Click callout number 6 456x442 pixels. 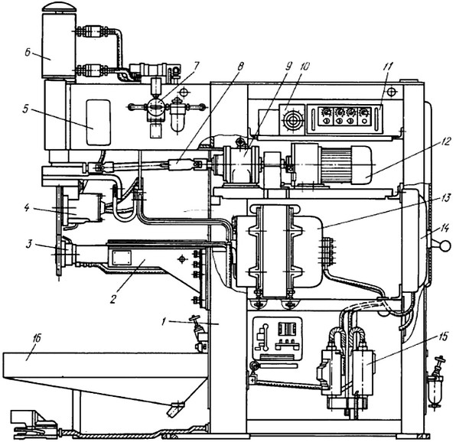(x=27, y=54)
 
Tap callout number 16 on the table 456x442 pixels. (x=37, y=338)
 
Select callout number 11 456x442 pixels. (x=388, y=67)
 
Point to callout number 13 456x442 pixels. (x=446, y=198)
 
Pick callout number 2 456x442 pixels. (x=113, y=298)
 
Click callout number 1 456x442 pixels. (x=164, y=321)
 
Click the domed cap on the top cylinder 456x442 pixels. (x=59, y=7)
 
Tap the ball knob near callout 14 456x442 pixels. (x=445, y=246)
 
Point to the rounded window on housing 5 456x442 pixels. (x=99, y=122)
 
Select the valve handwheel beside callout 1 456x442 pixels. (x=195, y=319)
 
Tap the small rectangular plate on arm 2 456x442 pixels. (x=122, y=258)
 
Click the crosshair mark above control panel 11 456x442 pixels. (x=392, y=92)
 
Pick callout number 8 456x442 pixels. (x=240, y=67)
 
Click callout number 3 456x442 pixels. (x=29, y=245)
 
